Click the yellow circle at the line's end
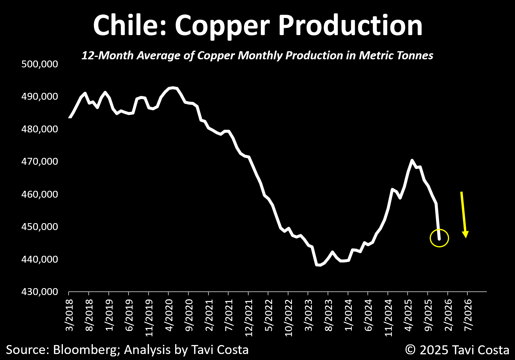pyautogui.click(x=439, y=238)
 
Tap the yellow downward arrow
pyautogui.click(x=464, y=214)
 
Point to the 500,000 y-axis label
pyautogui.click(x=40, y=64)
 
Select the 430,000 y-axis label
pyautogui.click(x=40, y=291)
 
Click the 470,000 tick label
pyautogui.click(x=40, y=161)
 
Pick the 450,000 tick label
pyautogui.click(x=40, y=226)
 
